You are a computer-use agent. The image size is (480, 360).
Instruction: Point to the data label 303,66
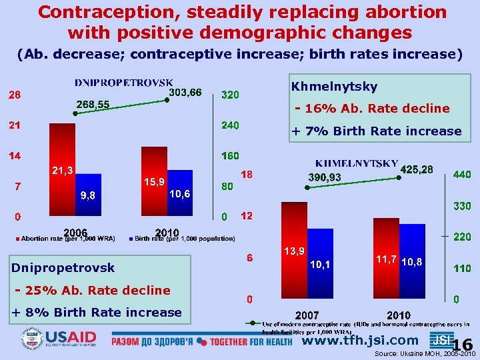point(186,92)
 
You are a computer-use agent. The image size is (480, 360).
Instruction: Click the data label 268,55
point(93,104)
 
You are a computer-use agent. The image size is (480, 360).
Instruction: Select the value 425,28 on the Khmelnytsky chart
point(417,170)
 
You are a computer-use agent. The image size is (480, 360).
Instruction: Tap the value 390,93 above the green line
point(325,177)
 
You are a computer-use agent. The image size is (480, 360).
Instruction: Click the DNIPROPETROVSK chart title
point(124,83)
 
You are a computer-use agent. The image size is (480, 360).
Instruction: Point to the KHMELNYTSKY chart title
point(357,163)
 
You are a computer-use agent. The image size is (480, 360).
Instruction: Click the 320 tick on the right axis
point(231,95)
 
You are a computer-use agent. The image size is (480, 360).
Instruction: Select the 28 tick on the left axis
point(14,95)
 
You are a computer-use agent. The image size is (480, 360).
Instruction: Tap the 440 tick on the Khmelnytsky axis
point(462,175)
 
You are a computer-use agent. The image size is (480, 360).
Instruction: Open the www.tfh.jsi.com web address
point(361,341)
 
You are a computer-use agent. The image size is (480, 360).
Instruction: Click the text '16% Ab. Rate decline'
point(377,109)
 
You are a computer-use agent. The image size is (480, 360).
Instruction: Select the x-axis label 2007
point(307,315)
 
